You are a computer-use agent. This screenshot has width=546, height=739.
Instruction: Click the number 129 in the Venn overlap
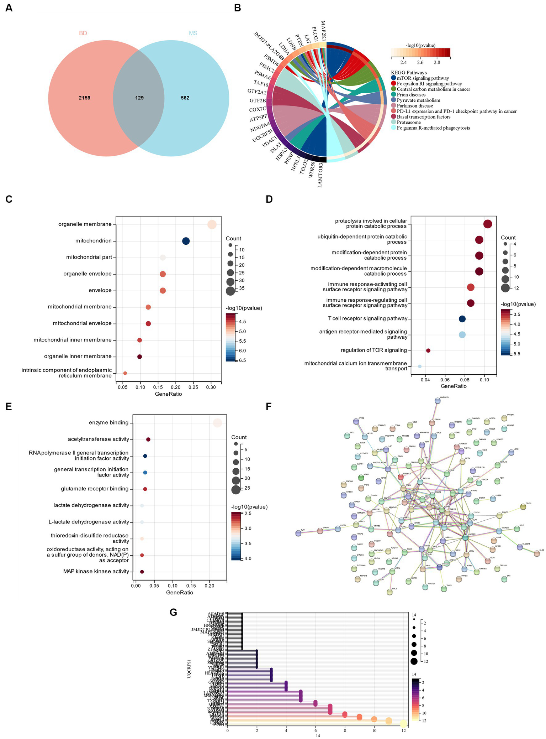139,98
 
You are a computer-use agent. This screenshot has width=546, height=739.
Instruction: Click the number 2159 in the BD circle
85,98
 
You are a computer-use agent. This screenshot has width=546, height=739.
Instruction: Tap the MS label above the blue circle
193,33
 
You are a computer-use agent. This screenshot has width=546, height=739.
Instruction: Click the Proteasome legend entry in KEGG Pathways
409,122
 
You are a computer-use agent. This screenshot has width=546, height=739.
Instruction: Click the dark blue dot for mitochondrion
186,241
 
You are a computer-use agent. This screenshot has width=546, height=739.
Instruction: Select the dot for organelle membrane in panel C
212,224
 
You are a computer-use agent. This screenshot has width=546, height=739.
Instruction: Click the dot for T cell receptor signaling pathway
462,319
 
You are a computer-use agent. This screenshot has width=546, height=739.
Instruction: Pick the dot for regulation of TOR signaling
428,350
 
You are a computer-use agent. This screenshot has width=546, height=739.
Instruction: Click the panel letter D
269,199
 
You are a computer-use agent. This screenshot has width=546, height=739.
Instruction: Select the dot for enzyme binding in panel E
217,423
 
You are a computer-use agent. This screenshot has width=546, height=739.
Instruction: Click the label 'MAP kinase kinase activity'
96,571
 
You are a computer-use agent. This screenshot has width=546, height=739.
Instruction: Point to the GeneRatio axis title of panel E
180,592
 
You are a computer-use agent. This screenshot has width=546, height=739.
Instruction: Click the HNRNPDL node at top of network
438,401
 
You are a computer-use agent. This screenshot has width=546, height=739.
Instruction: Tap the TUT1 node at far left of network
298,533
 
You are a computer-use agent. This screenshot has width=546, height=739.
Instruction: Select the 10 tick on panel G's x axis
374,730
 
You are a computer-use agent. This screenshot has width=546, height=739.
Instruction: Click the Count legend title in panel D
508,238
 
